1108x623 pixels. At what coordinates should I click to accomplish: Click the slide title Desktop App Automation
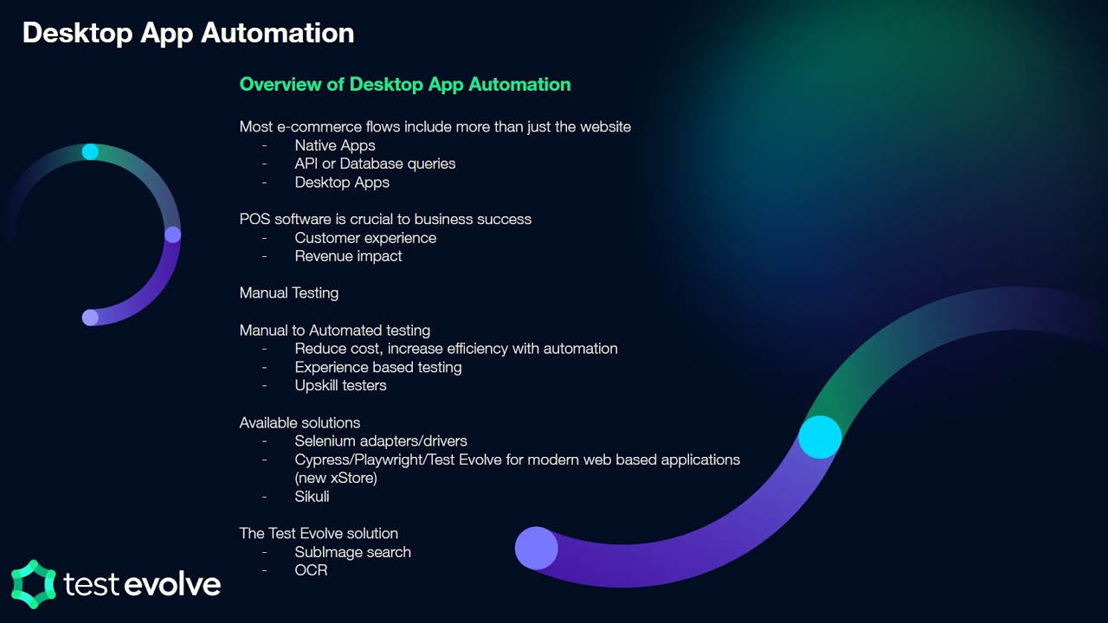(188, 33)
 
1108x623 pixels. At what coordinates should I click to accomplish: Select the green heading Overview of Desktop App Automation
(404, 84)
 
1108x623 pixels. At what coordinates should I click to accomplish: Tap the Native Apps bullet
(334, 145)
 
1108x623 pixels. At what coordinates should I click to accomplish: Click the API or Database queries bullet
(375, 164)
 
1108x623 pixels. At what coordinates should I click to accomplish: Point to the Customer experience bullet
(365, 238)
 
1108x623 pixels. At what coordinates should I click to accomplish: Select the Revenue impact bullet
(348, 256)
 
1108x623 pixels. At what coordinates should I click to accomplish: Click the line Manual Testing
(288, 292)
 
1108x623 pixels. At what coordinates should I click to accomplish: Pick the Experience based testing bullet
(377, 367)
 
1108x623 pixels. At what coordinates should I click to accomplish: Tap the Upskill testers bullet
(340, 385)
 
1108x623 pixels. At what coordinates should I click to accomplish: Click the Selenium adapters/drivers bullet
(380, 441)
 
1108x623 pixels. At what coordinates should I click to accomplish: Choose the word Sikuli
(312, 497)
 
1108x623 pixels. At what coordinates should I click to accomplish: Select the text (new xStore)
(336, 478)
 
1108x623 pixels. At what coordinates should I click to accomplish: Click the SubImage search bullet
(352, 552)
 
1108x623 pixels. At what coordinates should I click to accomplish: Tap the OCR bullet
(311, 570)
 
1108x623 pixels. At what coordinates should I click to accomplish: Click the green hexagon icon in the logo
(33, 583)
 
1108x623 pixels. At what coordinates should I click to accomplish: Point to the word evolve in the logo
(171, 584)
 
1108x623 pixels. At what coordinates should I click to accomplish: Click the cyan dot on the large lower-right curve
(820, 437)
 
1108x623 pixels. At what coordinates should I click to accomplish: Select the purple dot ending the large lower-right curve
(537, 548)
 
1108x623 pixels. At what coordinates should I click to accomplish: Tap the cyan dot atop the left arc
(90, 152)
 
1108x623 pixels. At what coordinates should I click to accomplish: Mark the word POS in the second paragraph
(254, 219)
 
